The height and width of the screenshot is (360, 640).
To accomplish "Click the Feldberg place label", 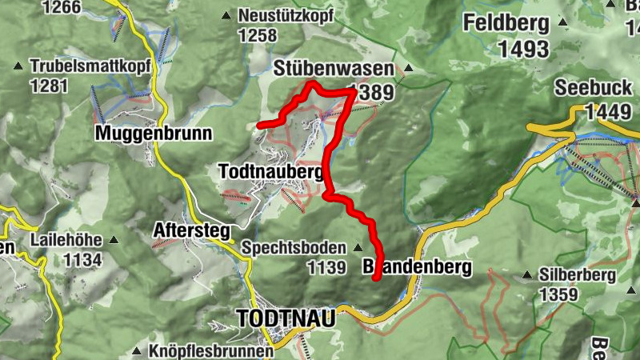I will point(506,22).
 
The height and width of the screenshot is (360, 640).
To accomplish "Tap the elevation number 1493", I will point(522,49).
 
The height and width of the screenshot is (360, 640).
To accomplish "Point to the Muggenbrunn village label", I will point(154,133).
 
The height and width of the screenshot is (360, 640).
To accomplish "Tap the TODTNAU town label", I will point(286,318).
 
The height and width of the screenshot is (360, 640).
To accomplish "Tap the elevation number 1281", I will point(48,85).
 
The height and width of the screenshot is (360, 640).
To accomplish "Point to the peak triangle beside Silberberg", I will point(526,275).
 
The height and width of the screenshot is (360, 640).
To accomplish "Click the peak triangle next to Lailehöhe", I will point(114,239).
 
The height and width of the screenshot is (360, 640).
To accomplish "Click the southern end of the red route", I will point(375,278).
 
